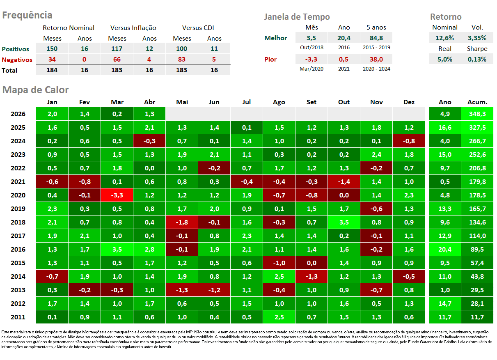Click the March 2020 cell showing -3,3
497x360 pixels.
pos(117,195)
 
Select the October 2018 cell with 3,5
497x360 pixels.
pos(344,222)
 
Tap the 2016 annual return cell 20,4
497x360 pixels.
pos(445,250)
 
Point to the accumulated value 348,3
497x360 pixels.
pos(477,114)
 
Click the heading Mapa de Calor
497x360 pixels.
pos(35,90)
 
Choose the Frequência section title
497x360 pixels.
pos(27,15)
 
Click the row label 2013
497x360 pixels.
pos(18,290)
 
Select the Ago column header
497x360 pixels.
pos(279,102)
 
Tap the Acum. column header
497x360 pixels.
pos(477,102)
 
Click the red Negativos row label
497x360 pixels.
pos(17,60)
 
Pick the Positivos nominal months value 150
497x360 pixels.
pos(52,49)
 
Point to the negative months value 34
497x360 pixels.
pos(52,60)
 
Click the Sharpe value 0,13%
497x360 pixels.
pos(477,60)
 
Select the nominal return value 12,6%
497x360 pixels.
pos(444,38)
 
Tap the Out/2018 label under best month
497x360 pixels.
pos(311,48)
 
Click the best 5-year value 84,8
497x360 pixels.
pos(376,38)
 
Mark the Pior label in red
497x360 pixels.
pos(270,60)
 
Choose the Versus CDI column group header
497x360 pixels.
pos(198,28)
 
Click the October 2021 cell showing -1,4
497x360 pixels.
pos(344,182)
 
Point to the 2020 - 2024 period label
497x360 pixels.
pos(376,69)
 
